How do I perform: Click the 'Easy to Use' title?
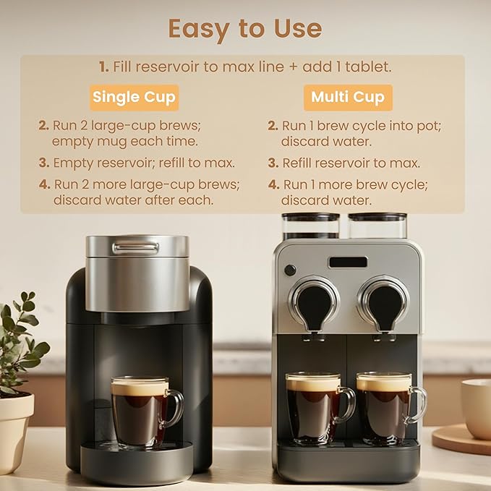(x=244, y=29)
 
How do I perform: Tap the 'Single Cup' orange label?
(x=134, y=98)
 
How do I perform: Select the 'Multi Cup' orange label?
(x=348, y=98)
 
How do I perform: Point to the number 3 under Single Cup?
(x=43, y=163)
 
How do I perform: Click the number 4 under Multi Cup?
(x=273, y=184)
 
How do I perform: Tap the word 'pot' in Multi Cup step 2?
(x=427, y=125)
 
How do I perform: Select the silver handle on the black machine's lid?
(x=135, y=248)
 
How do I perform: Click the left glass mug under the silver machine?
(x=315, y=406)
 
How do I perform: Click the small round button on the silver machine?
(x=290, y=270)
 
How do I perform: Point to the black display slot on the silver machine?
(x=348, y=262)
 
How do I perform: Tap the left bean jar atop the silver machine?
(x=310, y=225)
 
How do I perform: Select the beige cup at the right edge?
(x=477, y=409)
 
